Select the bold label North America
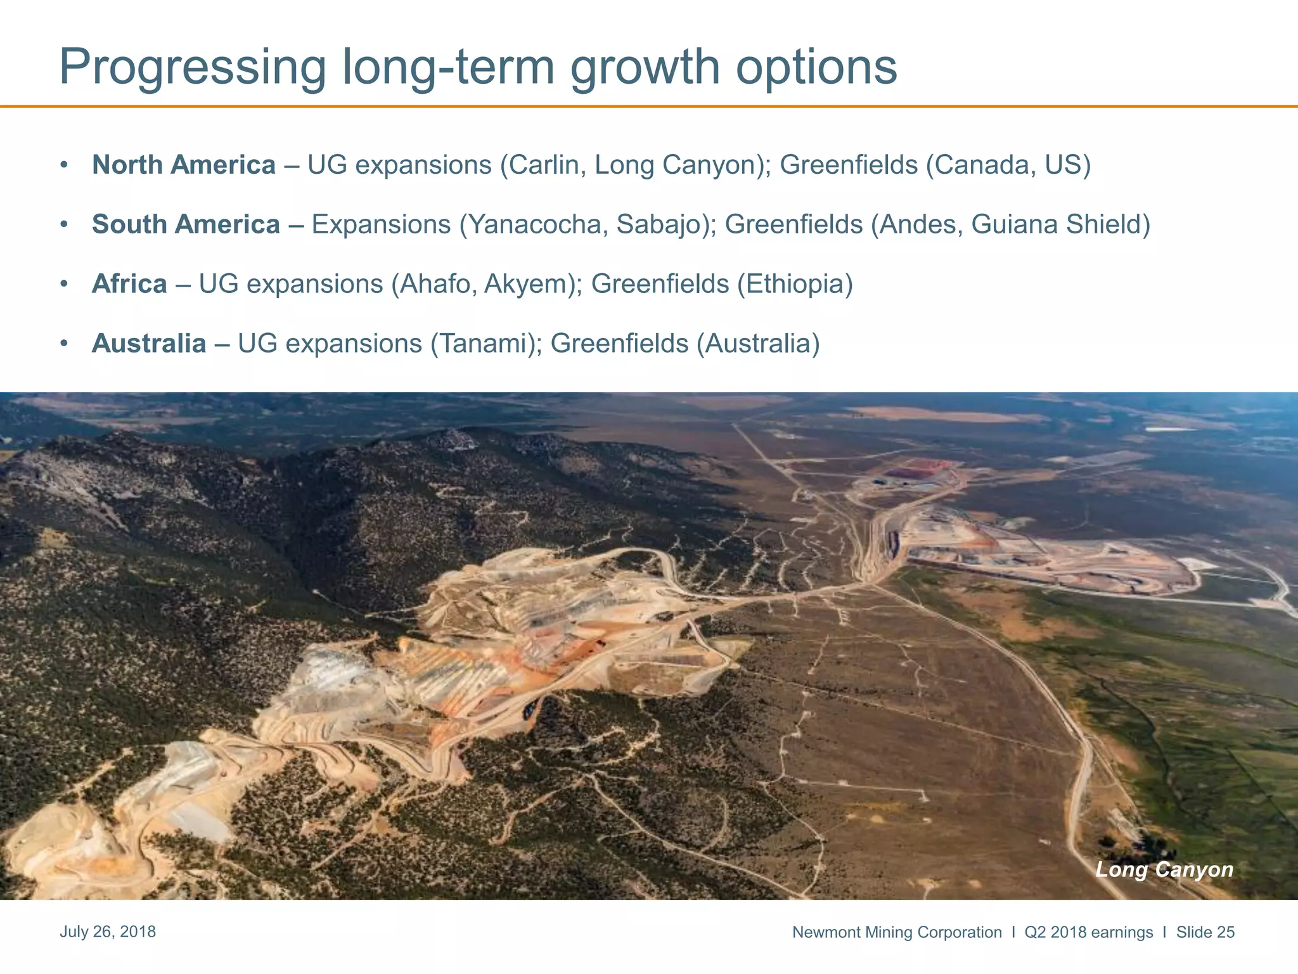pyautogui.click(x=184, y=165)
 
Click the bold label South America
pyautogui.click(x=186, y=224)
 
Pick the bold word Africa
pyautogui.click(x=129, y=284)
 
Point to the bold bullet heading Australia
pyautogui.click(x=149, y=344)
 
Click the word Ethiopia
pyautogui.click(x=794, y=284)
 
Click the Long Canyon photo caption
pyautogui.click(x=1164, y=869)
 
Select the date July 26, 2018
pyautogui.click(x=108, y=932)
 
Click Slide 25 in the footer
pyautogui.click(x=1205, y=932)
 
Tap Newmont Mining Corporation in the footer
pyautogui.click(x=897, y=932)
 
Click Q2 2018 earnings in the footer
pyautogui.click(x=1088, y=932)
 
